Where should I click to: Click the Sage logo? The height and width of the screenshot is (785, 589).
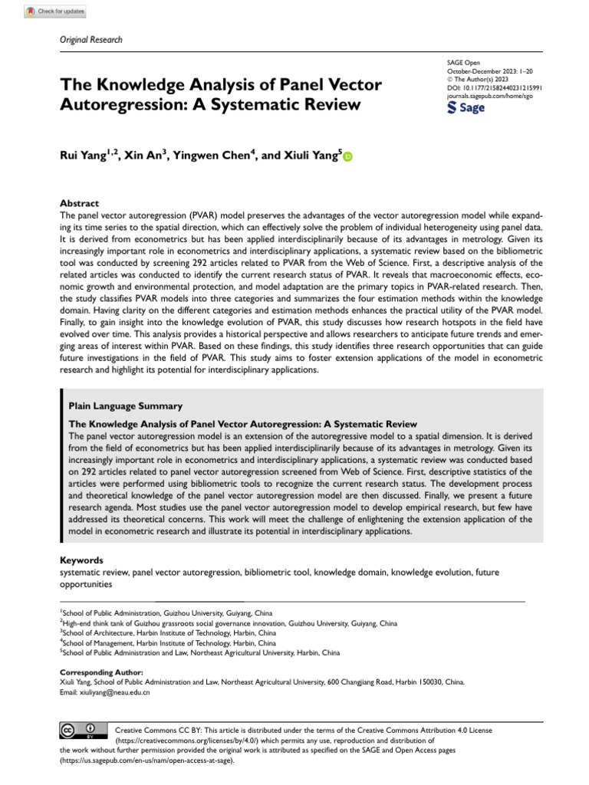466,108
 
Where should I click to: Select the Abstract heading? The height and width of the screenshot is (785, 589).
80,203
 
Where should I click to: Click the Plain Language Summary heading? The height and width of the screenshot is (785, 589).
126,406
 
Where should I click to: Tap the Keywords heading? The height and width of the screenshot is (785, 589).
82,560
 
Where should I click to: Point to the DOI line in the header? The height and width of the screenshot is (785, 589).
494,88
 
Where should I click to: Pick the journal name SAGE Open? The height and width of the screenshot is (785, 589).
463,62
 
